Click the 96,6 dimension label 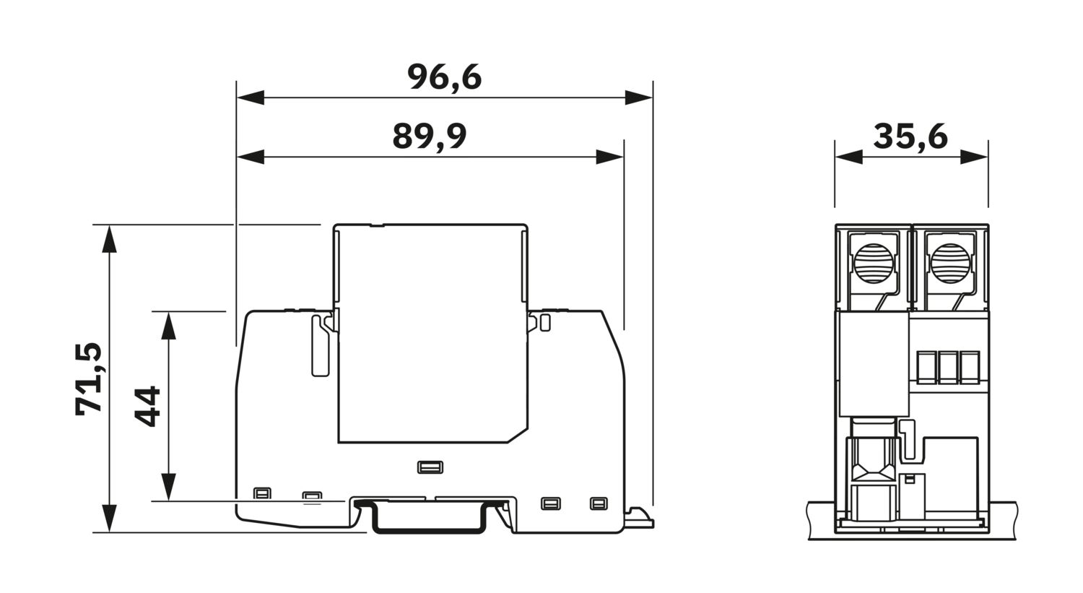tap(444, 77)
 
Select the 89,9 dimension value tap(430, 137)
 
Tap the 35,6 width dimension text tap(910, 137)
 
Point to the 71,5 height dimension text tap(89, 378)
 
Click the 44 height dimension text tap(147, 407)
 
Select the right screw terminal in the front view tap(951, 264)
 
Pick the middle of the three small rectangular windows tap(949, 367)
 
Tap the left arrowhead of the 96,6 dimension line tap(251, 98)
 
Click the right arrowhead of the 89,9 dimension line tap(609, 157)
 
